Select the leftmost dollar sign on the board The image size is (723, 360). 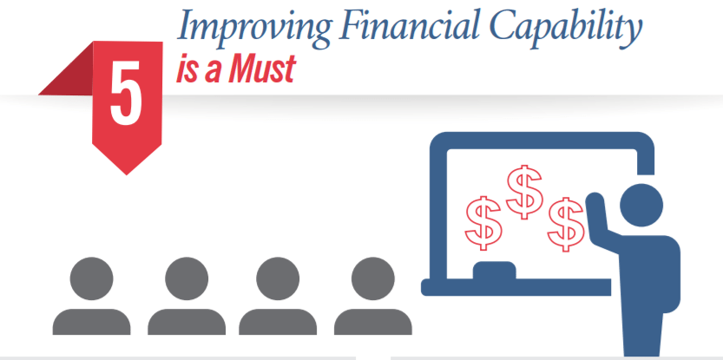(x=483, y=221)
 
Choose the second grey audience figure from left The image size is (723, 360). (x=186, y=299)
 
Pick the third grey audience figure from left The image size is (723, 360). (x=279, y=299)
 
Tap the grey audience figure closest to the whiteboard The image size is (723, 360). (x=372, y=299)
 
